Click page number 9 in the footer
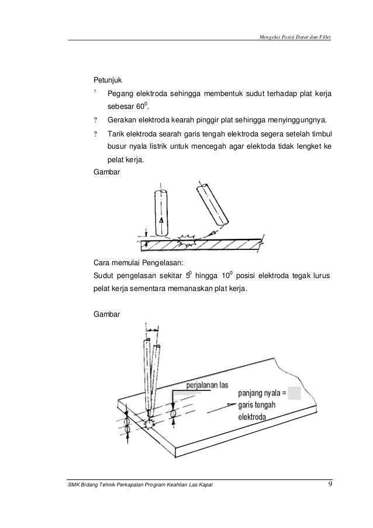330,484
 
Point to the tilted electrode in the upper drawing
211,204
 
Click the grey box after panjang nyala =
295,393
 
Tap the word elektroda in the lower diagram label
253,417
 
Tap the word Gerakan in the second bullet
121,120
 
